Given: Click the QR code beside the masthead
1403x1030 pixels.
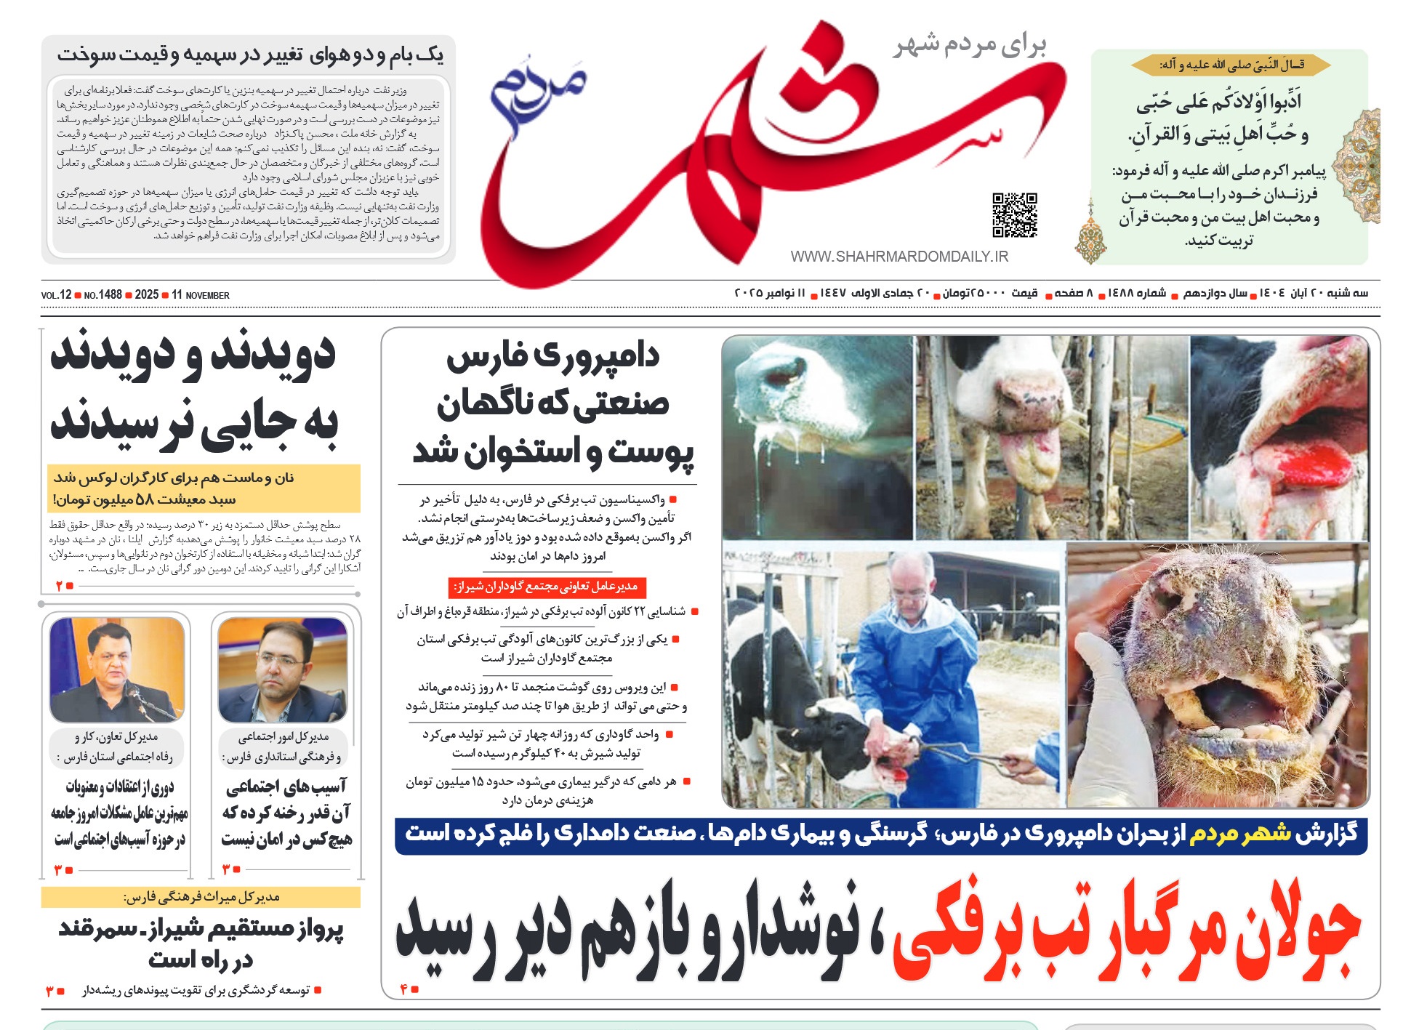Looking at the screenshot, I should click(1015, 214).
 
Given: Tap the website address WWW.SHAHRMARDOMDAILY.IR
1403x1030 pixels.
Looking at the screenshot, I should click(899, 257).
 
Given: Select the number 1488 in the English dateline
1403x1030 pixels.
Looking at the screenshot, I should click(110, 295).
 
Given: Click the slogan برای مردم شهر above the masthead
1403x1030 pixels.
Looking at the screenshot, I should click(970, 45).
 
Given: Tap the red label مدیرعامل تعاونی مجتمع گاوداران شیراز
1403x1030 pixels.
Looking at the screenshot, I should click(547, 587).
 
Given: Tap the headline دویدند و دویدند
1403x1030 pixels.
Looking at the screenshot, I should click(193, 355).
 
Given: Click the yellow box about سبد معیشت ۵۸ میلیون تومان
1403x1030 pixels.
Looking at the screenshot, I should click(204, 488).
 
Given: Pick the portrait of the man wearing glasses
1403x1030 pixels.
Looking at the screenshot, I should click(282, 669).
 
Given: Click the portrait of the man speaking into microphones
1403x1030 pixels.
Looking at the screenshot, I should click(117, 669).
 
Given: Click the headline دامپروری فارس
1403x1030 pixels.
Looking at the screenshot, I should click(552, 356).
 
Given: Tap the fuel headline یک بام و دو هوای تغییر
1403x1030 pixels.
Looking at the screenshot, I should click(250, 55).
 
